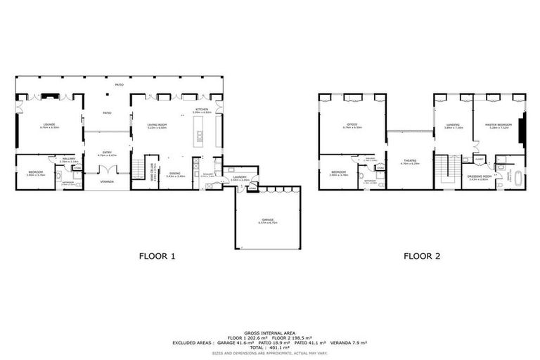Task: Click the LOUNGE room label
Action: tap(49, 125)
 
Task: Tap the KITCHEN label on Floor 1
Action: tap(202, 110)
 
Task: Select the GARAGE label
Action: tap(268, 221)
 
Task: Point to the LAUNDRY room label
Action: tap(240, 177)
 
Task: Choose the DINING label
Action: tap(175, 174)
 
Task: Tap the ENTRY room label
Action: tap(107, 152)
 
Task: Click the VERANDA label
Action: tap(107, 181)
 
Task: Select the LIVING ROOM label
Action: tap(157, 125)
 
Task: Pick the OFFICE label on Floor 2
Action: tap(352, 125)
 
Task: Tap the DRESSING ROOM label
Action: tap(479, 177)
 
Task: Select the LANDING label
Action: tap(454, 125)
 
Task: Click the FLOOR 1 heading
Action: tap(156, 256)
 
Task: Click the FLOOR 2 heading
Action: tap(422, 256)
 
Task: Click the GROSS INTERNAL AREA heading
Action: tap(269, 332)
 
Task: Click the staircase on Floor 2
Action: tap(442, 172)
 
